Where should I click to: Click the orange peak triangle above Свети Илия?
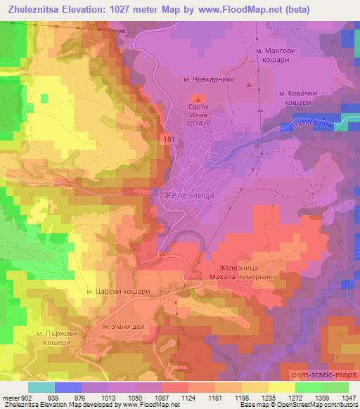click(x=198, y=99)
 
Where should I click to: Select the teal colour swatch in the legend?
click(x=42, y=387)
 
